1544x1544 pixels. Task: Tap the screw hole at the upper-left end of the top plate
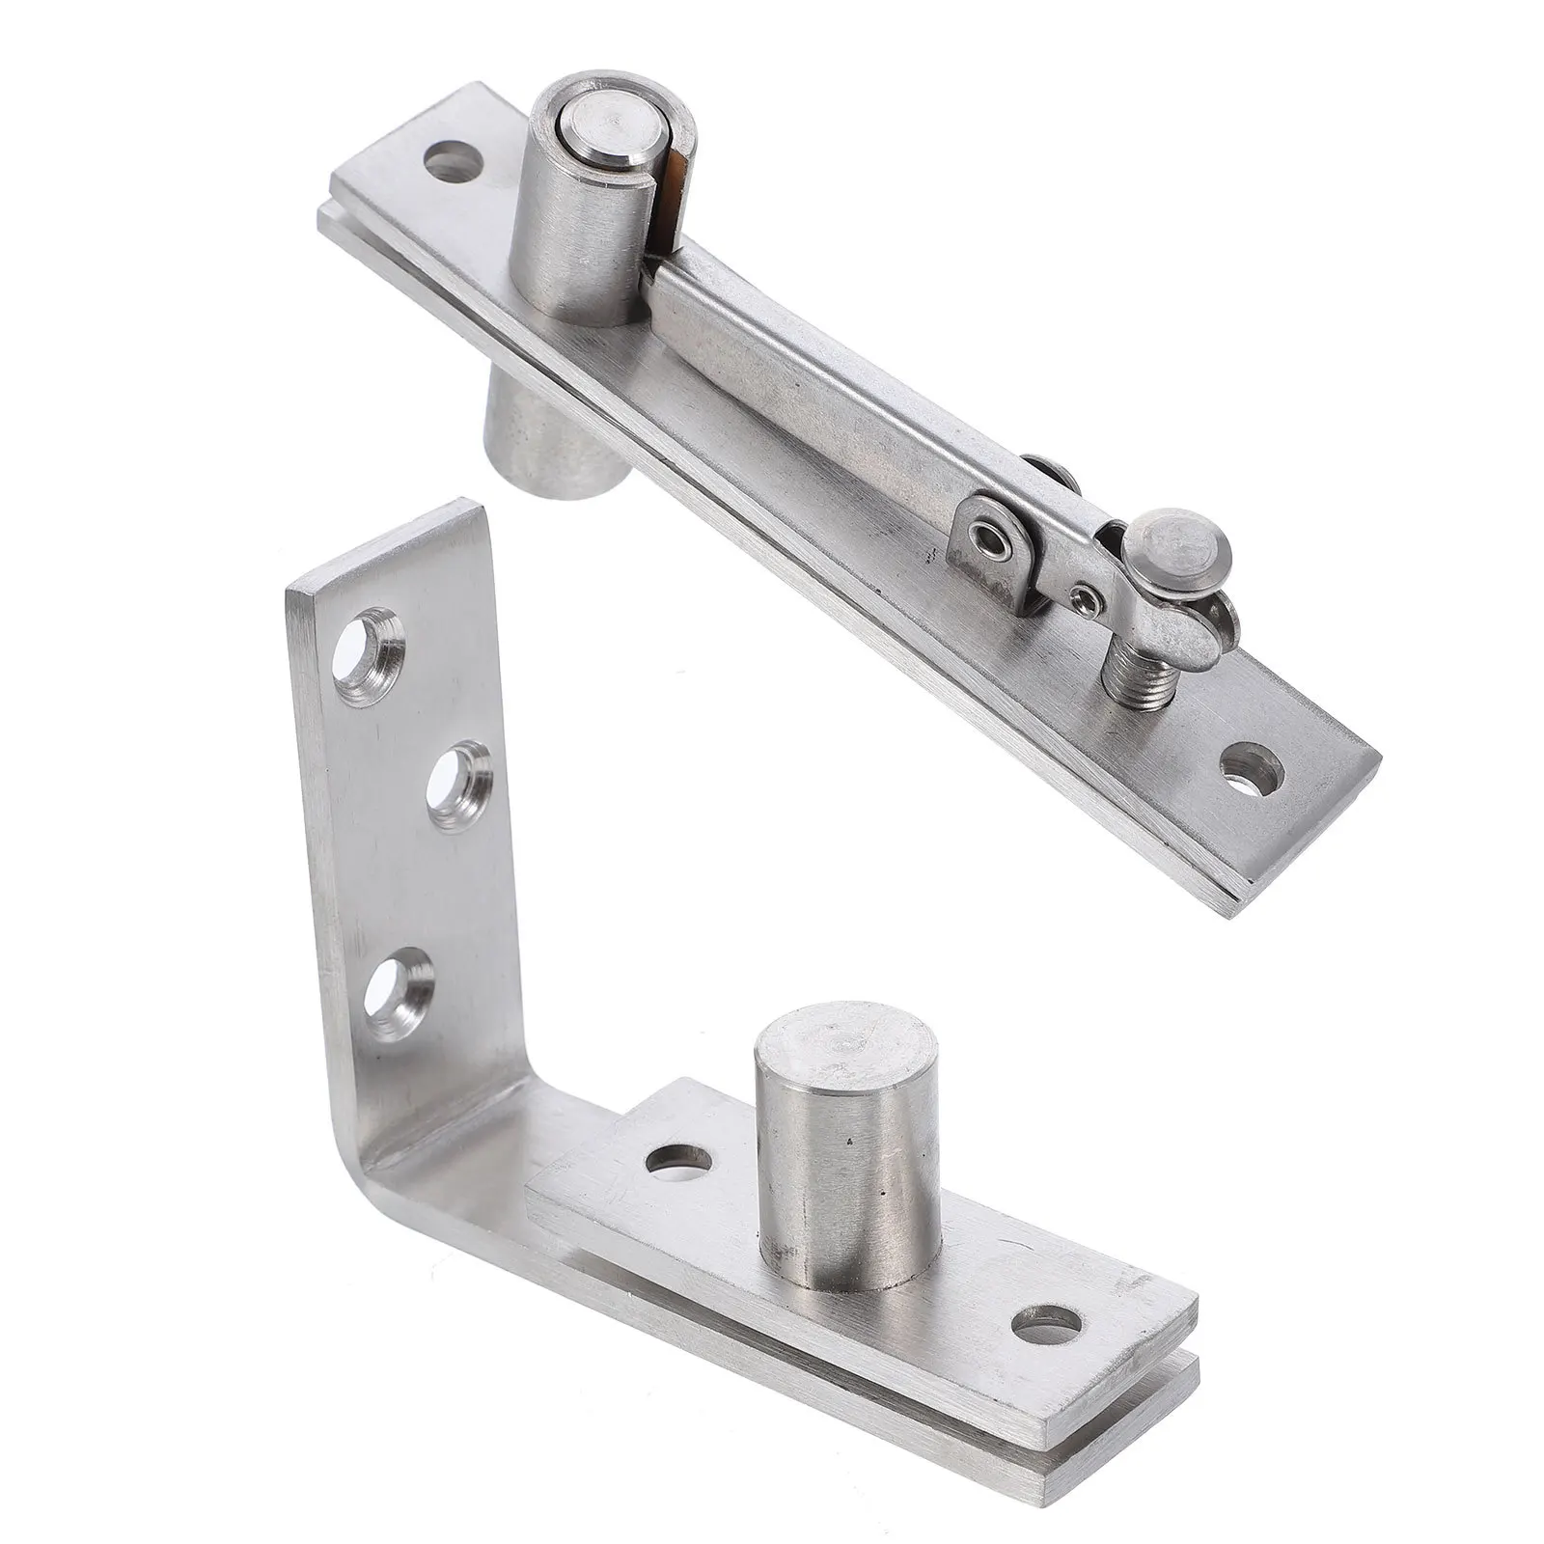click(453, 162)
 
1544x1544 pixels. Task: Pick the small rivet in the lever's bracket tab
click(987, 533)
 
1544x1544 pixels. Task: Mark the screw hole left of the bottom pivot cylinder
click(679, 1161)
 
